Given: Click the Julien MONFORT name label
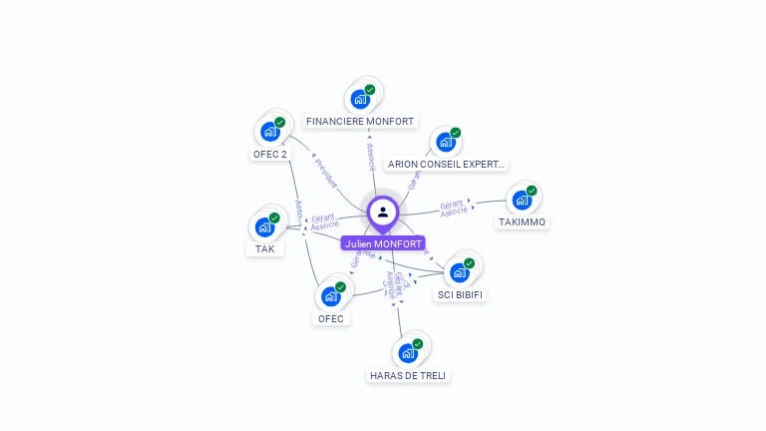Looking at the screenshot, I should click(x=383, y=243).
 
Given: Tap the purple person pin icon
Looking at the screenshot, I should click(x=383, y=213).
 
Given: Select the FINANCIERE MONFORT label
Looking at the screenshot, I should click(x=360, y=122).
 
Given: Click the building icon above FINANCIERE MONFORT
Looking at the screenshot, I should click(x=359, y=100).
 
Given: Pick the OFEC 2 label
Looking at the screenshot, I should click(x=269, y=154).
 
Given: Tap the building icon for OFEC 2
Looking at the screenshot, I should click(x=269, y=132).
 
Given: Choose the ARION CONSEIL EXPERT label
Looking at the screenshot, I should click(x=446, y=164).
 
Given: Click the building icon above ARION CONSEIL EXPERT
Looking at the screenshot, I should click(x=445, y=142).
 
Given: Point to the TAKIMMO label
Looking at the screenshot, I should click(x=522, y=222).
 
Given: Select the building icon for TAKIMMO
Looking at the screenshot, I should click(x=521, y=201).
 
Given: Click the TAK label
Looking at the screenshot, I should click(x=264, y=248).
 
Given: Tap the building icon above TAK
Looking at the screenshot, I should click(x=264, y=227).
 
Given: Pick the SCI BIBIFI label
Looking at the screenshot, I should click(x=461, y=294).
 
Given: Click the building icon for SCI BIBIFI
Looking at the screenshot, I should click(x=459, y=272).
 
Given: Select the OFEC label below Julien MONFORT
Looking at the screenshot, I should click(x=330, y=318).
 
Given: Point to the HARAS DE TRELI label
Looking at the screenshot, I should click(x=408, y=375).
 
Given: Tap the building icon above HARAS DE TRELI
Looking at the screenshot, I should click(x=407, y=353).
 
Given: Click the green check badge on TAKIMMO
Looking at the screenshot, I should click(x=532, y=191).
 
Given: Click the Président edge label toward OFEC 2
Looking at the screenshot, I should click(x=326, y=172).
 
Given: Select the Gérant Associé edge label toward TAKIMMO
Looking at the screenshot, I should click(x=454, y=209).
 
